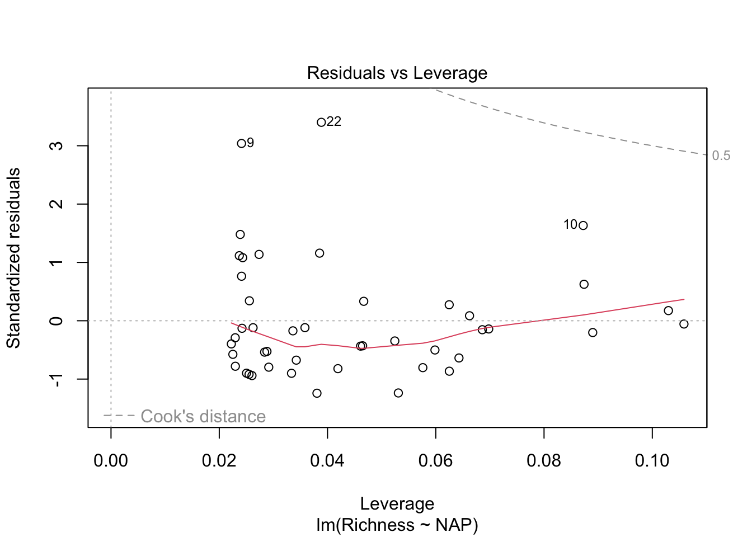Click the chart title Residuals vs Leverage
pos(397,73)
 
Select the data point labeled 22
pos(321,122)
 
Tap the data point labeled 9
pos(241,143)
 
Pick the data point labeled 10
pos(583,225)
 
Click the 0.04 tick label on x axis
pos(327,460)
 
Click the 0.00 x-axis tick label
pos(111,460)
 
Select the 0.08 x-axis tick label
pos(544,460)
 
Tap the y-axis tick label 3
pos(56,145)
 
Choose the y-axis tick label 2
pos(56,204)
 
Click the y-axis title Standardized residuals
pos(13,258)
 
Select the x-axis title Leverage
pos(397,503)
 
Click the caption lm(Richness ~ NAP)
pos(397,525)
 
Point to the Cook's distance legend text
pos(203,416)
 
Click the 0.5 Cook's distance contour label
pos(721,156)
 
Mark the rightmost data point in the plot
pos(684,324)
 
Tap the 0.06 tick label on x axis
pos(435,460)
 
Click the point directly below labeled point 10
pos(584,284)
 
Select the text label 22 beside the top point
pos(334,121)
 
